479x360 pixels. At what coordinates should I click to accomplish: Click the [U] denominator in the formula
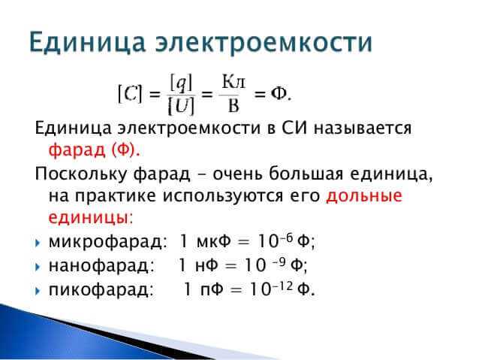point(181,106)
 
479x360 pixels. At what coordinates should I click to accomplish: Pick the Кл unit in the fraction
point(233,81)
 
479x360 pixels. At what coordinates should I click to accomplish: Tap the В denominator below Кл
point(233,106)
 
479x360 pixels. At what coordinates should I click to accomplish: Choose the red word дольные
point(364,196)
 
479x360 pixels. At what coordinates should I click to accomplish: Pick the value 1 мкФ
point(203,242)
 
